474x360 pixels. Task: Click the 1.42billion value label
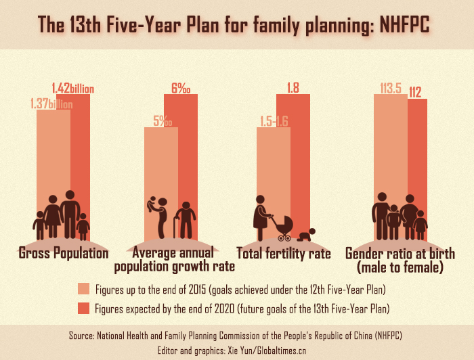pos(72,88)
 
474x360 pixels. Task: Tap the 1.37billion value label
pos(51,104)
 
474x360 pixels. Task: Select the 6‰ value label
pos(181,88)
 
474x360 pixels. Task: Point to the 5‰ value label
pos(162,121)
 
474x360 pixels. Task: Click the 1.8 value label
pos(293,87)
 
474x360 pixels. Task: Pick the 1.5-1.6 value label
pos(274,121)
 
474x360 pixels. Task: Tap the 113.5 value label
pos(391,87)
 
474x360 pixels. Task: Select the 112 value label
pos(415,93)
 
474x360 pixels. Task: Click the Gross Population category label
pos(64,254)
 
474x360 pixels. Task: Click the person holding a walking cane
pos(184,221)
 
